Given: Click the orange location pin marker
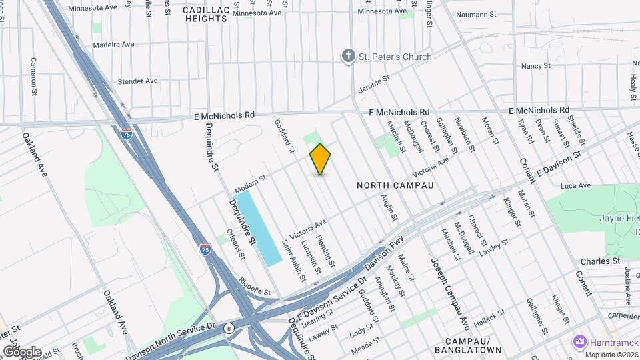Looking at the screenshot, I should point(320,159).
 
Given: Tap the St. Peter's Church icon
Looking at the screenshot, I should point(348,57).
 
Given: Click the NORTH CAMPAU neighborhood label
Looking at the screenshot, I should point(395,185).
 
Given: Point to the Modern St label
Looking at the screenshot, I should point(250,180).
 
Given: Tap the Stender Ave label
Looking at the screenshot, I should point(137,81).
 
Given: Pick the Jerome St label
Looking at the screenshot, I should point(374,85).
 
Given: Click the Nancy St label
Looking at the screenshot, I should point(535,66).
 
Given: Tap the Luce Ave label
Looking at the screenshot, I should point(575,185).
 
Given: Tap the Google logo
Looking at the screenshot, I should point(21,351).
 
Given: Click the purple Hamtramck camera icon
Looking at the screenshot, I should point(579,341).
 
